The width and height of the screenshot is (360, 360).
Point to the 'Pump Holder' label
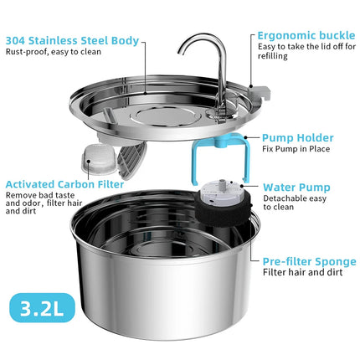tap(298, 138)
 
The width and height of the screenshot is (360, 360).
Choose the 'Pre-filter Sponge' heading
tap(309, 261)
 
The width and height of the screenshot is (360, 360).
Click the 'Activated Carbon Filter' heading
tap(65, 183)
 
